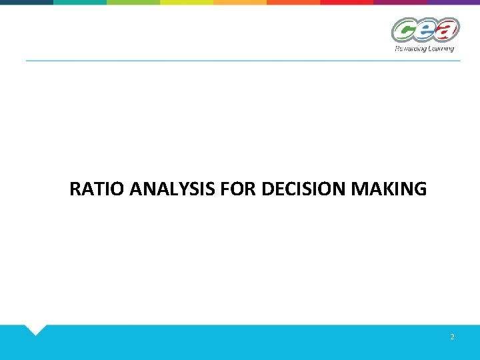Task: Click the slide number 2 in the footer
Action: (452, 337)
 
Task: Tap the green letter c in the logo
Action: (403, 31)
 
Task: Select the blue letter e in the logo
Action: (425, 31)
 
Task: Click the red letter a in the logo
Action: (447, 29)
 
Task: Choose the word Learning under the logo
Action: (441, 49)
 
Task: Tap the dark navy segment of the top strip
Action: (27, 2)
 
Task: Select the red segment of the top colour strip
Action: (347, 2)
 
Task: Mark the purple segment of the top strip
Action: (453, 2)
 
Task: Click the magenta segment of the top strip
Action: (400, 2)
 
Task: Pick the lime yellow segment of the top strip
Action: (187, 2)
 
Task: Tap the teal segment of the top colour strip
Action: (80, 2)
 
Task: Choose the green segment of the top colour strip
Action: (133, 2)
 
